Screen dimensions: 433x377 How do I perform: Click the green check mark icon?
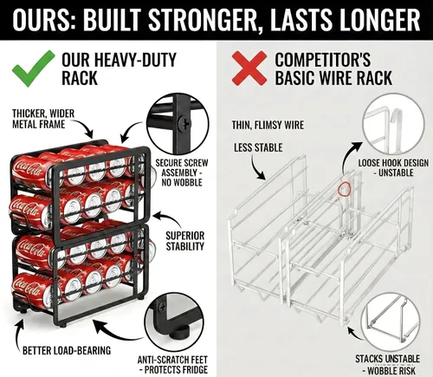[32, 69]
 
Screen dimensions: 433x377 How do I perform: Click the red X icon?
[249, 68]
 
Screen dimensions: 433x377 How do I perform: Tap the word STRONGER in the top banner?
[202, 20]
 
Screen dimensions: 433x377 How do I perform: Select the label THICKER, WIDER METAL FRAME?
[43, 119]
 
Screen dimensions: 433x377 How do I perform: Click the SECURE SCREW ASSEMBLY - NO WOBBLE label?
[182, 172]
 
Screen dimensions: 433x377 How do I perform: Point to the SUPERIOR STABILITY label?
[185, 241]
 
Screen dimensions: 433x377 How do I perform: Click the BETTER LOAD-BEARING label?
[67, 350]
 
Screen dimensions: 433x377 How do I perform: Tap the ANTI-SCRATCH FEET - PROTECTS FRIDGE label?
[172, 365]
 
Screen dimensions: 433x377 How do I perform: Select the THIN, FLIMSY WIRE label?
[268, 125]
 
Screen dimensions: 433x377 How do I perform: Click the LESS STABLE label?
[258, 147]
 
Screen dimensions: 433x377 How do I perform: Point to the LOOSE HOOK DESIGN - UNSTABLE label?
[393, 167]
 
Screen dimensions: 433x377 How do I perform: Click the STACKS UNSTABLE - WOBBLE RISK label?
[388, 365]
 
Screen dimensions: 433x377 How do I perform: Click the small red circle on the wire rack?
[344, 189]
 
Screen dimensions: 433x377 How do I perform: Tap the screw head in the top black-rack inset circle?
[184, 124]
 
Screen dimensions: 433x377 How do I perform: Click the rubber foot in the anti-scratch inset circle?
[180, 333]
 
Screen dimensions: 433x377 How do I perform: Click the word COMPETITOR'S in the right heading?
[322, 60]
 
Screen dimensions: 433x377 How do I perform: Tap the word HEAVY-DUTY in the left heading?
[135, 60]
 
